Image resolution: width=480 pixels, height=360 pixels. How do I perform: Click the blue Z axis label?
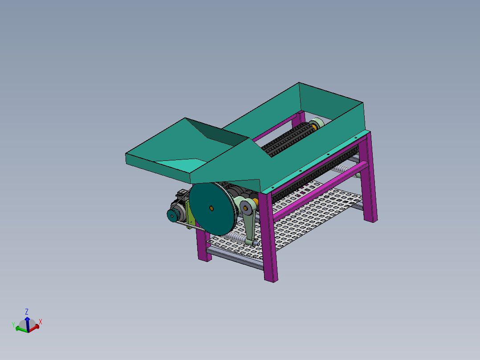[27, 311]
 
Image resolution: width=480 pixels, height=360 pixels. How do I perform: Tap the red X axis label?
[41, 321]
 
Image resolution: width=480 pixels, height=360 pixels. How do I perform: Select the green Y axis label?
[13, 324]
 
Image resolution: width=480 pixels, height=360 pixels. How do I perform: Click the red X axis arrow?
[36, 327]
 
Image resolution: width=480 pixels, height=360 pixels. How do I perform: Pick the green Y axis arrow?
[20, 329]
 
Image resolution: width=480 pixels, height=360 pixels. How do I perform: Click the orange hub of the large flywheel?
[212, 208]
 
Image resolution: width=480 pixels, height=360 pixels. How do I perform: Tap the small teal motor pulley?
[172, 216]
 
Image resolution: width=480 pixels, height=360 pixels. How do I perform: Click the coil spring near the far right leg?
[343, 168]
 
